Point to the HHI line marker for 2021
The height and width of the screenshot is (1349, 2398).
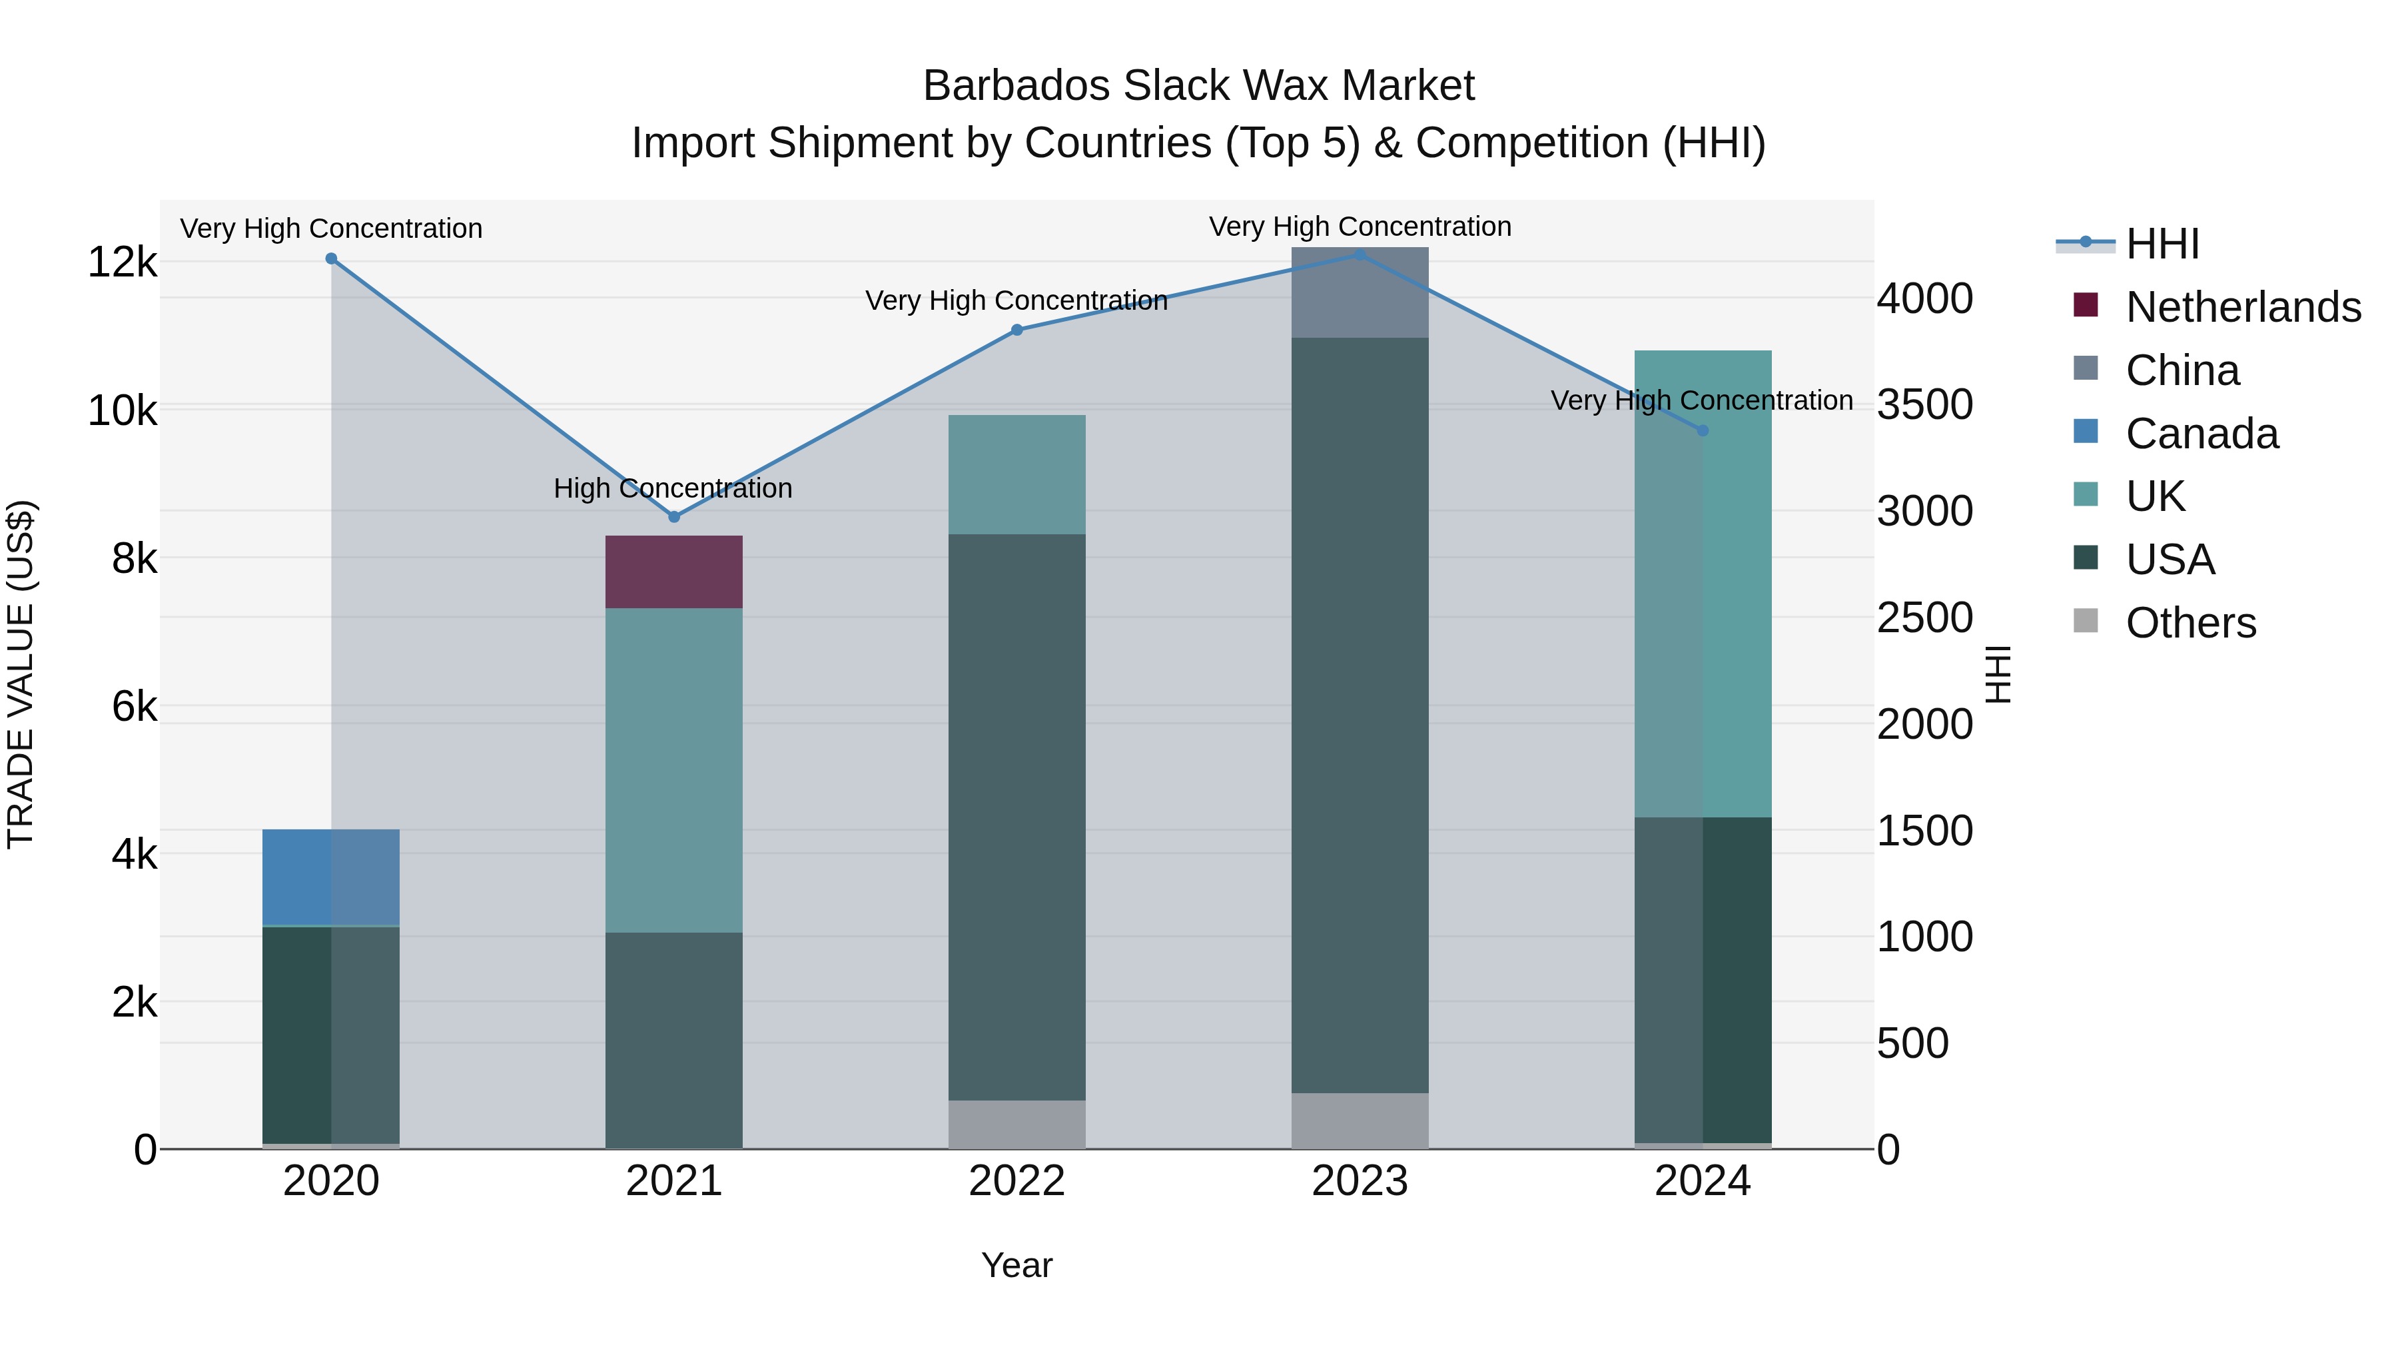point(675,517)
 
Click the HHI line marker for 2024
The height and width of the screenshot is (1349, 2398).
point(1703,430)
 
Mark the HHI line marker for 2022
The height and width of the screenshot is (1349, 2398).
point(1016,330)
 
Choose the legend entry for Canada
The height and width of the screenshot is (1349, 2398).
point(2201,434)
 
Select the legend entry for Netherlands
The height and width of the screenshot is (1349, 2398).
point(2243,307)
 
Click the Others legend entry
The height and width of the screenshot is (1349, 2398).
point(2190,623)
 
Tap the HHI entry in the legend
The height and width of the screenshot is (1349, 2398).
point(2162,244)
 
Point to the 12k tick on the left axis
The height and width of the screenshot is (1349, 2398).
point(122,262)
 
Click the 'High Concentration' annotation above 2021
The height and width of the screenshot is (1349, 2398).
point(673,488)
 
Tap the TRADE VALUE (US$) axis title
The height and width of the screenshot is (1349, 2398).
point(21,674)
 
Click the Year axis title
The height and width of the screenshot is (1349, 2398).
point(1016,1265)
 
